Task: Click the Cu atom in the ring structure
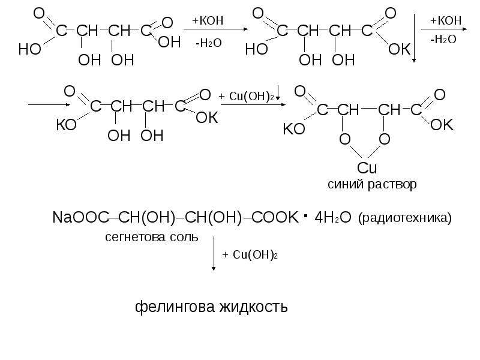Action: pyautogui.click(x=367, y=168)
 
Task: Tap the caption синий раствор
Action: pyautogui.click(x=372, y=184)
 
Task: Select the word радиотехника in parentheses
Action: pyautogui.click(x=404, y=218)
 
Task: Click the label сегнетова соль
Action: pyautogui.click(x=152, y=237)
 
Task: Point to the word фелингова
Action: pyautogui.click(x=175, y=307)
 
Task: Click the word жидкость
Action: pyautogui.click(x=253, y=307)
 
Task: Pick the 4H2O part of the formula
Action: pyautogui.click(x=333, y=218)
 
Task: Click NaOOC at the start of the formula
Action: pyautogui.click(x=80, y=218)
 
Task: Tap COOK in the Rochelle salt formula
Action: pyautogui.click(x=275, y=218)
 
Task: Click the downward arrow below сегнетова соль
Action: pyautogui.click(x=214, y=253)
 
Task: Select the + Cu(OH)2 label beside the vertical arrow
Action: pyautogui.click(x=250, y=254)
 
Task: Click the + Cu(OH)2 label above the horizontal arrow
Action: pyautogui.click(x=246, y=97)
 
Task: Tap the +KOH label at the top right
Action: pyautogui.click(x=446, y=20)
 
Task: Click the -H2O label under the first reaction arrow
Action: pyautogui.click(x=208, y=43)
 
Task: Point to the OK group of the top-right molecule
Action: pyautogui.click(x=400, y=49)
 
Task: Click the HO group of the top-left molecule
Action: pyautogui.click(x=29, y=49)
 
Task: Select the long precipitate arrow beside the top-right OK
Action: pyautogui.click(x=414, y=38)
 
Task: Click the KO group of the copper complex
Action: pyautogui.click(x=294, y=129)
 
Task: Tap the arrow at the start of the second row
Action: pyautogui.click(x=49, y=104)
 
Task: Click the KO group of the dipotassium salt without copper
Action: pyautogui.click(x=66, y=125)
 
